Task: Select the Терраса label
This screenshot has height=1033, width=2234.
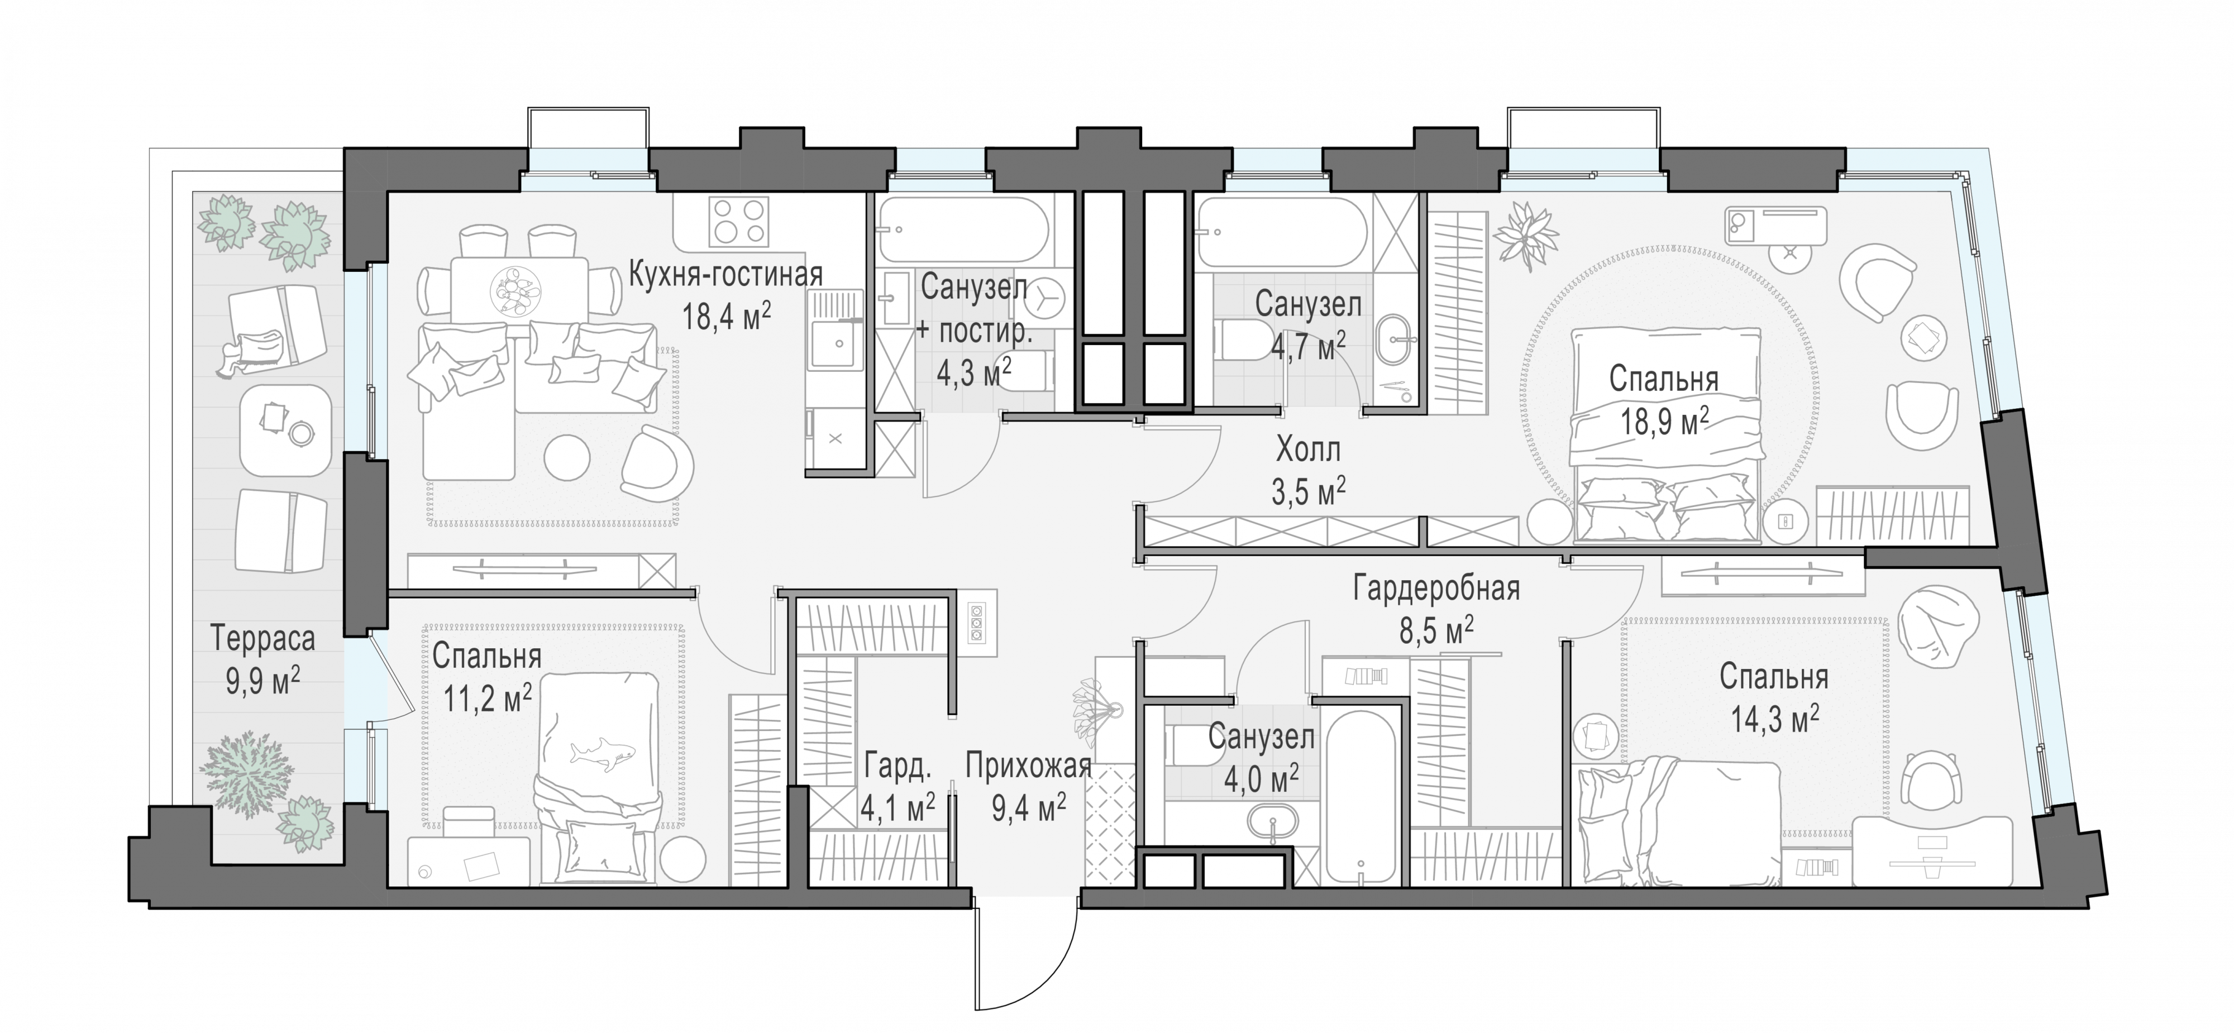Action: point(262,639)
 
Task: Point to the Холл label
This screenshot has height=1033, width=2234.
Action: point(1308,449)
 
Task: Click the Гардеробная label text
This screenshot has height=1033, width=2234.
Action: point(1436,590)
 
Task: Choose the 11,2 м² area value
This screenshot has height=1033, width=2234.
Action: point(488,697)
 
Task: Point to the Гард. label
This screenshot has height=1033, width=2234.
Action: point(897,767)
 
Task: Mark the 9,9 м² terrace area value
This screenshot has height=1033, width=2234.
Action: point(262,680)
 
